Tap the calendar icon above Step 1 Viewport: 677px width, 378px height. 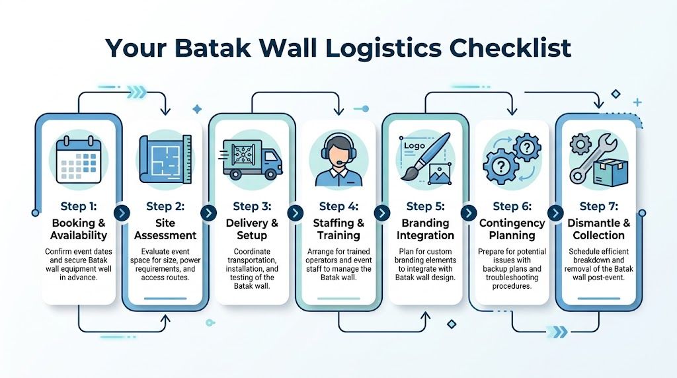click(x=77, y=160)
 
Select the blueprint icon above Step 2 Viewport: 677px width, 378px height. click(x=165, y=159)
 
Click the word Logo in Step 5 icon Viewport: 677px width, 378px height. click(x=414, y=146)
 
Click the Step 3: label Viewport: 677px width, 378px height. click(x=252, y=207)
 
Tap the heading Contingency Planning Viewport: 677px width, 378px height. click(x=512, y=229)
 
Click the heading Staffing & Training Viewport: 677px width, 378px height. click(x=338, y=229)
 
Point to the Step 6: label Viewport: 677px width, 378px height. click(x=512, y=207)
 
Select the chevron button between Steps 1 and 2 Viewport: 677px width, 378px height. click(x=122, y=213)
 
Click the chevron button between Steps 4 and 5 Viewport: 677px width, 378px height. click(x=381, y=213)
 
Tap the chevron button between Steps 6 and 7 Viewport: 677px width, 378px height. click(x=555, y=213)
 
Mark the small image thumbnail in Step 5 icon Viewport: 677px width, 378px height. click(x=440, y=173)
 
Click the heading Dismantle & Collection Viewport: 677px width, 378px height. click(x=599, y=229)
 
